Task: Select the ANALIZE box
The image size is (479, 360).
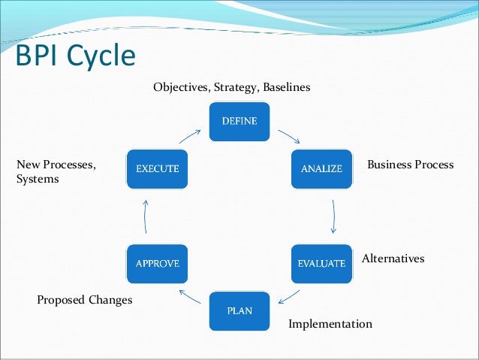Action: [x=321, y=168]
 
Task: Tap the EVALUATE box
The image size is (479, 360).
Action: [x=321, y=263]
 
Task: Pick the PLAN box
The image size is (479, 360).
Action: [x=239, y=310]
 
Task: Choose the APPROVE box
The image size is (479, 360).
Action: [x=157, y=263]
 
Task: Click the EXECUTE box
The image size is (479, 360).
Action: [x=157, y=168]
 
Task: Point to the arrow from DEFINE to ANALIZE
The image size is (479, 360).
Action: [x=289, y=138]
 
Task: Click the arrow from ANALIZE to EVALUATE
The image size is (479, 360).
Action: [x=333, y=216]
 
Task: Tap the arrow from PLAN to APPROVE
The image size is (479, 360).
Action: [x=190, y=297]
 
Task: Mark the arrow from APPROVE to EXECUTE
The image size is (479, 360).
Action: [x=146, y=216]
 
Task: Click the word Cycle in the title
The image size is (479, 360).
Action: [x=101, y=56]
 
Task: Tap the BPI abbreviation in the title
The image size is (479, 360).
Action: [x=38, y=56]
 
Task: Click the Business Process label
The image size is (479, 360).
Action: [x=410, y=164]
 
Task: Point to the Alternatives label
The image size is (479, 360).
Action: [x=393, y=259]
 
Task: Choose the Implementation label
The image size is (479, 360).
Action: [x=330, y=324]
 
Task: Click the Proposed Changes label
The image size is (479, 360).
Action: [x=84, y=300]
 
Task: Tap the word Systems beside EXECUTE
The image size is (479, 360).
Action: [x=37, y=180]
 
